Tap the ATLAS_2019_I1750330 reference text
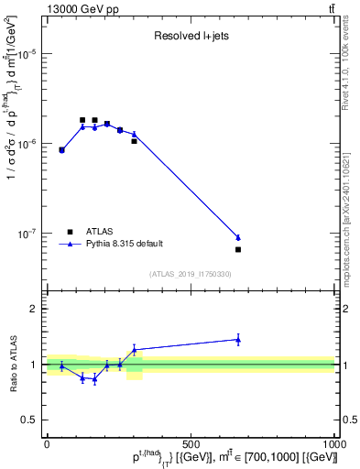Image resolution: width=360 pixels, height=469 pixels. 190,274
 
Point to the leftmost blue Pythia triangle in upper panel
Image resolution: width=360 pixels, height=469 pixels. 61,149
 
